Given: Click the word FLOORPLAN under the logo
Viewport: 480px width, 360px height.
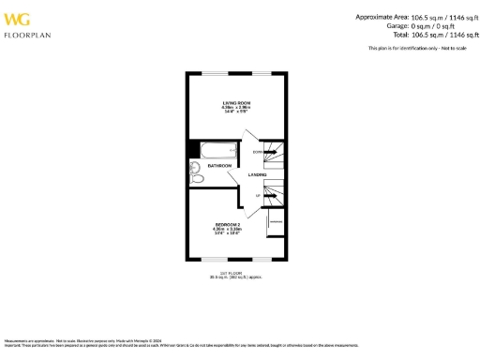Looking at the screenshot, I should (25, 35).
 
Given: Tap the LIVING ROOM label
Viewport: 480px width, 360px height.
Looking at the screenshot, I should (233, 102).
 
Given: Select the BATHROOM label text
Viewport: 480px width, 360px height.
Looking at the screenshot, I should (219, 165).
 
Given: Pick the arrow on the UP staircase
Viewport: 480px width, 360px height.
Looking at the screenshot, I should (273, 194).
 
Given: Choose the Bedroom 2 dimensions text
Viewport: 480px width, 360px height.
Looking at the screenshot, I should (228, 232).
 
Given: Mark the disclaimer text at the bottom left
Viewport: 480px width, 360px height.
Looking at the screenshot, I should (94, 343).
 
